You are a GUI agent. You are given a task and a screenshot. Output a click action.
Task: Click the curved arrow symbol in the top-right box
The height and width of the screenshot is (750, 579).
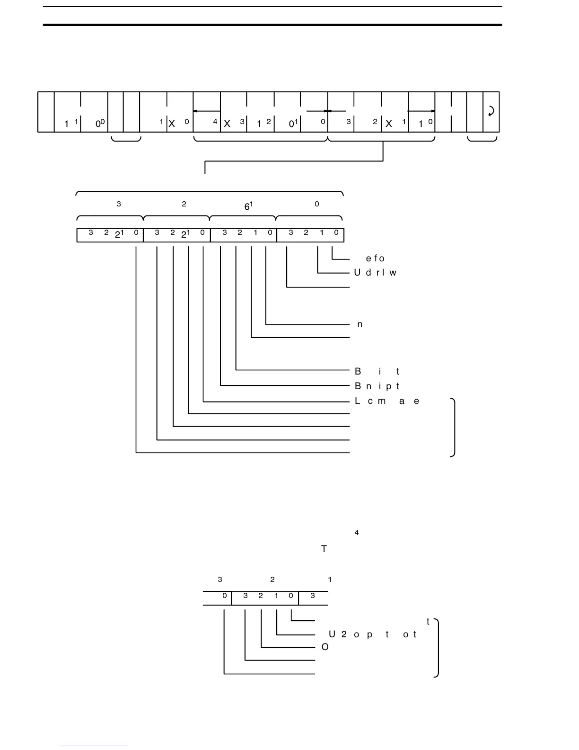tap(491, 111)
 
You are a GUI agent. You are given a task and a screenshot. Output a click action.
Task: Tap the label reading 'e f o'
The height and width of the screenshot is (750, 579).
tap(376, 259)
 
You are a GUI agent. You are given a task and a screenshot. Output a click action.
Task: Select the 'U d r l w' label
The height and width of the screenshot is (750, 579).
tap(375, 273)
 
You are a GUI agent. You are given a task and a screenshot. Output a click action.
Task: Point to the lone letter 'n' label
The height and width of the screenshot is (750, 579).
tap(360, 324)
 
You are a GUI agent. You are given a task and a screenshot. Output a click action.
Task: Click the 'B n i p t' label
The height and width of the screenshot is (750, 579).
tap(377, 386)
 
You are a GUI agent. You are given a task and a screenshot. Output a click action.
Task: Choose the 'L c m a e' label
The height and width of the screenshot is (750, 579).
tap(387, 401)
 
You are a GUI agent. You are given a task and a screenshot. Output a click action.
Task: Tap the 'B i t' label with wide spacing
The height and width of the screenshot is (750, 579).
tap(377, 372)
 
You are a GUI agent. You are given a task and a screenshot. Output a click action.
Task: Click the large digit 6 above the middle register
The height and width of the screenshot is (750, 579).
tap(247, 207)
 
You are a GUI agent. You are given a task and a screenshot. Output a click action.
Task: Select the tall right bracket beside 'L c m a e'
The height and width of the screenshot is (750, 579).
tap(453, 428)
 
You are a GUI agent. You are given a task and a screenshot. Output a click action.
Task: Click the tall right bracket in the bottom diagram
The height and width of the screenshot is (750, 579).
tap(437, 648)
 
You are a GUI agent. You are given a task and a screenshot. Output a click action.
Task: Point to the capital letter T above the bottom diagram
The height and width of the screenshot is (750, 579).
tap(324, 549)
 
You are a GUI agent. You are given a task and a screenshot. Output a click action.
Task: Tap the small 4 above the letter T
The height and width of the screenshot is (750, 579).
tap(357, 533)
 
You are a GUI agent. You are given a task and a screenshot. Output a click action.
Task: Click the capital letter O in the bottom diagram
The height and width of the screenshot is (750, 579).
tap(325, 647)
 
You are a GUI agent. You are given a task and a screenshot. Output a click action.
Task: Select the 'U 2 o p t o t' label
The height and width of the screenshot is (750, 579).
tap(373, 634)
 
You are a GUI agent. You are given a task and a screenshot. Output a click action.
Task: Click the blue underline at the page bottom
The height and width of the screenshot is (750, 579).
tap(94, 746)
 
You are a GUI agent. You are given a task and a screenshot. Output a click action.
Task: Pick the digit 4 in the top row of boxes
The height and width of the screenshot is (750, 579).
tap(215, 122)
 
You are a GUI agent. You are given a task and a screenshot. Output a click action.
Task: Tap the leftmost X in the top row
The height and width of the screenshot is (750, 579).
tap(172, 124)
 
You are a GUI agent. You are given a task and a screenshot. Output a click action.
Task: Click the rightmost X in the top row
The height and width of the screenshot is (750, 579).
tap(389, 124)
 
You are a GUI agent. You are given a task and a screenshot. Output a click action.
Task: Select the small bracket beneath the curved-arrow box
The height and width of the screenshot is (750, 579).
tap(482, 139)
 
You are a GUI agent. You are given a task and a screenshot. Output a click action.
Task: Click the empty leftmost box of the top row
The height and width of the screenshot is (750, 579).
tap(46, 112)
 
